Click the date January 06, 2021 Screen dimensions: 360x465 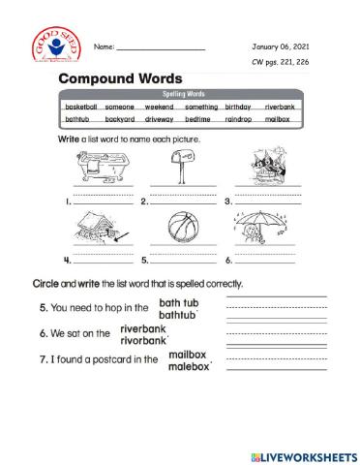281,46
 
